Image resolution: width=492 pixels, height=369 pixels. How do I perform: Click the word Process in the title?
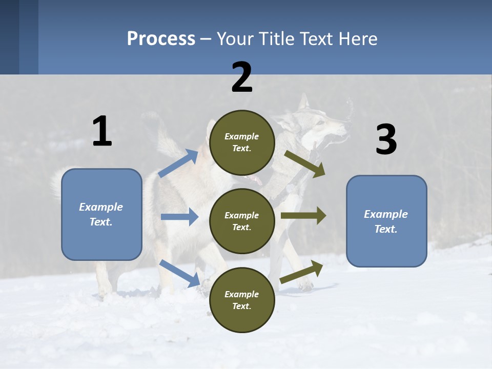[x=161, y=38]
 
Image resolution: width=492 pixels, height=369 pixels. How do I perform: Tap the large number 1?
[x=102, y=131]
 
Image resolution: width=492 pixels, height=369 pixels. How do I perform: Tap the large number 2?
[x=242, y=77]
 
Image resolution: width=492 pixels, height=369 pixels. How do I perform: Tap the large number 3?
[x=386, y=140]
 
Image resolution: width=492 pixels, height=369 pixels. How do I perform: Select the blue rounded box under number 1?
[x=101, y=214]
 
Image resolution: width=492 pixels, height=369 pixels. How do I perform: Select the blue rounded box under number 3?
[x=386, y=221]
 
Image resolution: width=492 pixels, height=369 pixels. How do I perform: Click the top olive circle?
[x=242, y=142]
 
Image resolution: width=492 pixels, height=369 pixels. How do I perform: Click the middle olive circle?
[x=242, y=221]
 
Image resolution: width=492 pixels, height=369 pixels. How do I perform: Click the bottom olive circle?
[x=242, y=300]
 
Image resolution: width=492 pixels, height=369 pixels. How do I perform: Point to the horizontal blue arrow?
[x=179, y=217]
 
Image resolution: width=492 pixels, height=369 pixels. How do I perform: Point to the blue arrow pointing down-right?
[x=180, y=273]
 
